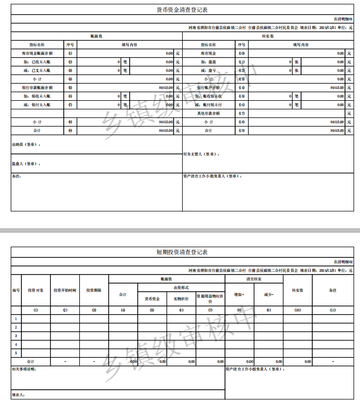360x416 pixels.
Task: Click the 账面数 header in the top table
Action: tap(96, 36)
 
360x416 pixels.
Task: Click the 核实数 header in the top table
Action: tap(268, 36)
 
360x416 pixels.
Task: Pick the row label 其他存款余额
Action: tap(208, 113)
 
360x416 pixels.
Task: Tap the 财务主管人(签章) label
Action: tap(201, 154)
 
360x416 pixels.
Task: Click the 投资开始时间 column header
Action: tap(65, 290)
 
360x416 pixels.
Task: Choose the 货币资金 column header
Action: tap(152, 298)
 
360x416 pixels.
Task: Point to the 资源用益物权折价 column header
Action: tap(210, 298)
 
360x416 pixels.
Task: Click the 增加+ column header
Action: tap(239, 294)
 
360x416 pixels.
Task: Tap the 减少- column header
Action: tap(268, 294)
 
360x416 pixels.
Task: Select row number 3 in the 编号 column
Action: tap(16, 336)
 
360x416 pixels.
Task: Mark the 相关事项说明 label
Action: tap(24, 369)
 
